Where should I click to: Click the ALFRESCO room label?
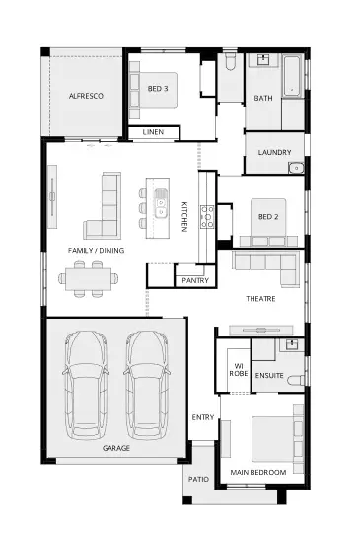[x=86, y=96]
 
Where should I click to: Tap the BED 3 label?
[x=158, y=89]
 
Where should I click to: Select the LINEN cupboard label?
[x=153, y=132]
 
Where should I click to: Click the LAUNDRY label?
[x=275, y=152]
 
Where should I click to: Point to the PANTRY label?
[x=195, y=280]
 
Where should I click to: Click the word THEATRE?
[x=260, y=299]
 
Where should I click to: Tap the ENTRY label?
[x=203, y=417]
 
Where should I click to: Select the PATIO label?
[x=198, y=479]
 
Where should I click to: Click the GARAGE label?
[x=116, y=448]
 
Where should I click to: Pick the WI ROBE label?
[x=239, y=370]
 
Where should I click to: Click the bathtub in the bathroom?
[x=292, y=76]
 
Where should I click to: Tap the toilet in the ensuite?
[x=296, y=380]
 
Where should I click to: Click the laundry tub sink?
[x=296, y=168]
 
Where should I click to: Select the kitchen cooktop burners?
[x=207, y=216]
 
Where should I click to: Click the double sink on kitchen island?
[x=160, y=203]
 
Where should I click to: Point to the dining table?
[x=89, y=278]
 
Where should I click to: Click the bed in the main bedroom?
[x=273, y=439]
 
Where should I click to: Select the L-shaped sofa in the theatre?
[x=265, y=269]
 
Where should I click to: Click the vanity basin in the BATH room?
[x=263, y=59]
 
